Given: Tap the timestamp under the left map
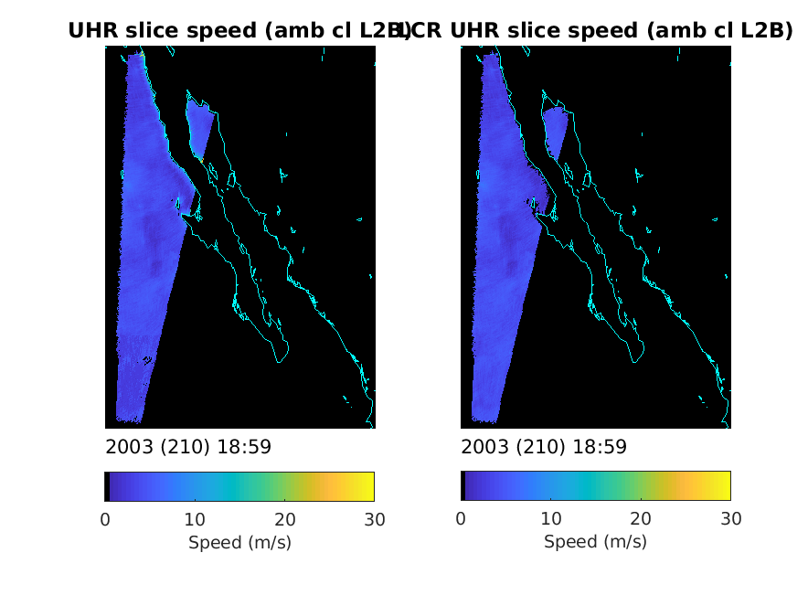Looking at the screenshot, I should click(x=188, y=447).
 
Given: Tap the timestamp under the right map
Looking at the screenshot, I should click(x=544, y=447).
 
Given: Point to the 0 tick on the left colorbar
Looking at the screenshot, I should click(x=105, y=520).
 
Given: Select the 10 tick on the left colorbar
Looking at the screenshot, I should click(x=195, y=520).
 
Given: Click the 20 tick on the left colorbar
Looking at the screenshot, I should click(x=284, y=520).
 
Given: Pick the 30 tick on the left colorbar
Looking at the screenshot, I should click(x=374, y=520).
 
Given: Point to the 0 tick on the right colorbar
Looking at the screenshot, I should click(x=461, y=520).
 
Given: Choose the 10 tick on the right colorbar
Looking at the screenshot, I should click(x=550, y=520).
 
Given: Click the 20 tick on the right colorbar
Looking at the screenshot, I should click(x=640, y=520).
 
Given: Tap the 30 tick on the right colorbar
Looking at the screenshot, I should click(x=729, y=520).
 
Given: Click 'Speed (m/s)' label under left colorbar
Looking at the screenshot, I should click(x=239, y=542).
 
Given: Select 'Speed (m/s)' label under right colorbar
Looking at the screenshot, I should click(x=595, y=542).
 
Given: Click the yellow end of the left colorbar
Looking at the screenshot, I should click(x=369, y=486).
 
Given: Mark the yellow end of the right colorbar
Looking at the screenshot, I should click(x=725, y=486).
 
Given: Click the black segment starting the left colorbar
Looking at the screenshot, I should click(x=107, y=486).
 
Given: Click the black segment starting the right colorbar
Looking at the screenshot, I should click(x=462, y=486).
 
